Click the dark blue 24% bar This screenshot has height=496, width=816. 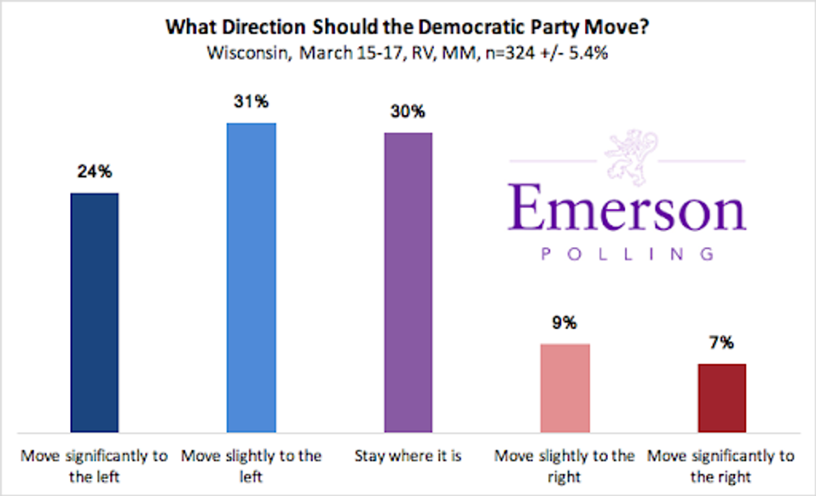(95, 312)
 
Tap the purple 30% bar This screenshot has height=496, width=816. (408, 282)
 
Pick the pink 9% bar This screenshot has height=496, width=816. (564, 388)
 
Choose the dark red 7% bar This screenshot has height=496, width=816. (721, 398)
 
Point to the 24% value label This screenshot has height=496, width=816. (95, 173)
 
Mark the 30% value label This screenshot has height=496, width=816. (408, 112)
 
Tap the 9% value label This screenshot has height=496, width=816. (564, 323)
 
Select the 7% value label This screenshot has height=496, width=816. (721, 343)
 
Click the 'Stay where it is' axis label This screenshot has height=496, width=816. (408, 456)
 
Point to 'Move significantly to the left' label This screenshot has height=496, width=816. (95, 466)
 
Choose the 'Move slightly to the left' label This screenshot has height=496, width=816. (251, 466)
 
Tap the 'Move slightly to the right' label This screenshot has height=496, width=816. (564, 466)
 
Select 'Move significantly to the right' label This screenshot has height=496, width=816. (721, 466)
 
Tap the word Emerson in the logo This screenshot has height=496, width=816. (627, 208)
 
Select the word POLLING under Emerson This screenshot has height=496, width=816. (627, 254)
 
